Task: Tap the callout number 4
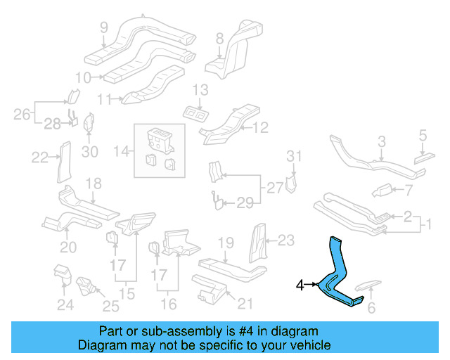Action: click(300, 285)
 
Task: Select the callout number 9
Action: click(103, 29)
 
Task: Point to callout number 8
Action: click(219, 37)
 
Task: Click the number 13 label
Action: click(200, 90)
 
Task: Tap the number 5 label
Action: click(423, 134)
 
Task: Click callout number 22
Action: click(39, 157)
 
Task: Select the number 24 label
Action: click(65, 305)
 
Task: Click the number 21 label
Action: click(244, 303)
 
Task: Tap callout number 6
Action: click(372, 307)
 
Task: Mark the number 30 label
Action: click(89, 151)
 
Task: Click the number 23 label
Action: click(285, 240)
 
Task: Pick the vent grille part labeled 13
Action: click(195, 112)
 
